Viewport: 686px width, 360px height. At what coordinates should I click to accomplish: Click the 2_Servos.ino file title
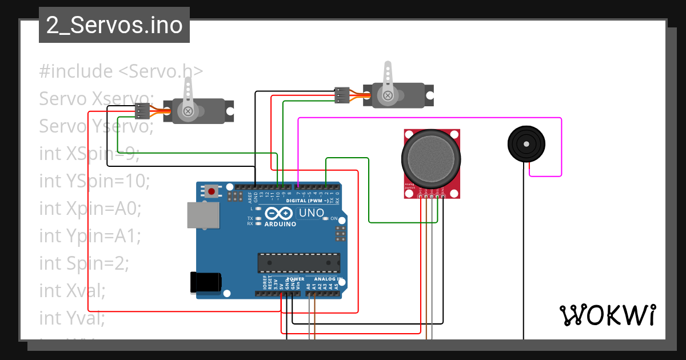click(114, 26)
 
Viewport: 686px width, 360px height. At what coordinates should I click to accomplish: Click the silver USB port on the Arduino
click(203, 215)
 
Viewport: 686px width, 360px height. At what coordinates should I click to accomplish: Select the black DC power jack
click(206, 282)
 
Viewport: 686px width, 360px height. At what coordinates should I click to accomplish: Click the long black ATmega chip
click(298, 262)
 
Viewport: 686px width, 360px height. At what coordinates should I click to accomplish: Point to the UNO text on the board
click(312, 214)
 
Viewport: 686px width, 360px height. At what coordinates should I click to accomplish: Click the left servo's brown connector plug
click(142, 111)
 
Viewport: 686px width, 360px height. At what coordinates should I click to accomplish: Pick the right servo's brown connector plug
click(342, 95)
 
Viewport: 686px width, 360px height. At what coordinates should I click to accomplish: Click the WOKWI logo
click(607, 315)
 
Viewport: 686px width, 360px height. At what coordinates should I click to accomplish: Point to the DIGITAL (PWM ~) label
click(307, 201)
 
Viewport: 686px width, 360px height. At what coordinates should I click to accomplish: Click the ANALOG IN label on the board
click(328, 279)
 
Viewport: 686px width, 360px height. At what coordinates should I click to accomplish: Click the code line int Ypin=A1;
click(90, 235)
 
